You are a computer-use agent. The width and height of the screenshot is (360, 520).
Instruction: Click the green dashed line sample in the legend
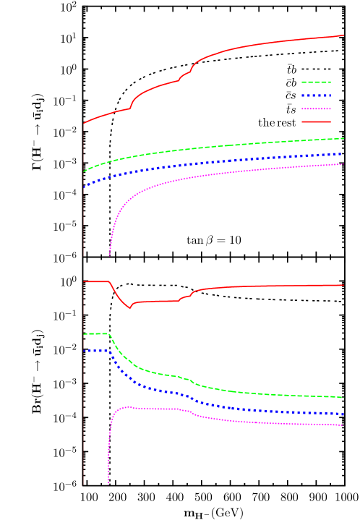point(315,82)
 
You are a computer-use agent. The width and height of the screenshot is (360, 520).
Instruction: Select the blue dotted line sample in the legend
point(315,95)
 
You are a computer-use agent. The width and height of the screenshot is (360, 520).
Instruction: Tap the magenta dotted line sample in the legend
point(315,108)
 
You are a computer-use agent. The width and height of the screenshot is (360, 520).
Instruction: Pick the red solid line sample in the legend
point(315,122)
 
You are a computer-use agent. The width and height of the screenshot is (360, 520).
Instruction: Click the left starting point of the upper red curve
point(84,123)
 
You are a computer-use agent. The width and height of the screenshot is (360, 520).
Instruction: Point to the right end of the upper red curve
point(343,35)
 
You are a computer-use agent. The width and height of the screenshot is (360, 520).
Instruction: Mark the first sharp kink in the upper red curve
point(130,108)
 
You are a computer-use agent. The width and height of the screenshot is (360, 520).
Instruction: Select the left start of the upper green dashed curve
point(84,171)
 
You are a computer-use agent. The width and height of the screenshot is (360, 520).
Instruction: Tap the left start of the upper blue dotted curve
point(84,187)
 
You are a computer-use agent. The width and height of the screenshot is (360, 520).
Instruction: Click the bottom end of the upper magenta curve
point(110,255)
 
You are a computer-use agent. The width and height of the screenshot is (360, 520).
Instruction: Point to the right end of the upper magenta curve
point(343,164)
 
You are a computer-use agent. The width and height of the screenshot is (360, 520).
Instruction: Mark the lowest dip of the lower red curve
point(130,308)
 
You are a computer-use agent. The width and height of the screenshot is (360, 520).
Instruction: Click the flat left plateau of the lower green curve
point(95,333)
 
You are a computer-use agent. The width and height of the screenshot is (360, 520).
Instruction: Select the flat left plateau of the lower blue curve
point(95,351)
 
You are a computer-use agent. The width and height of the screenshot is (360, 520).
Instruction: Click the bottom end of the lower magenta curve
point(108,483)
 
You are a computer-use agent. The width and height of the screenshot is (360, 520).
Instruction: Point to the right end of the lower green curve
point(343,398)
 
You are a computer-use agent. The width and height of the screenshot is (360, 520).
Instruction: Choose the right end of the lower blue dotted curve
point(343,414)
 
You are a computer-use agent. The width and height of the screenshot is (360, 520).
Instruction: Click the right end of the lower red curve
point(343,285)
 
